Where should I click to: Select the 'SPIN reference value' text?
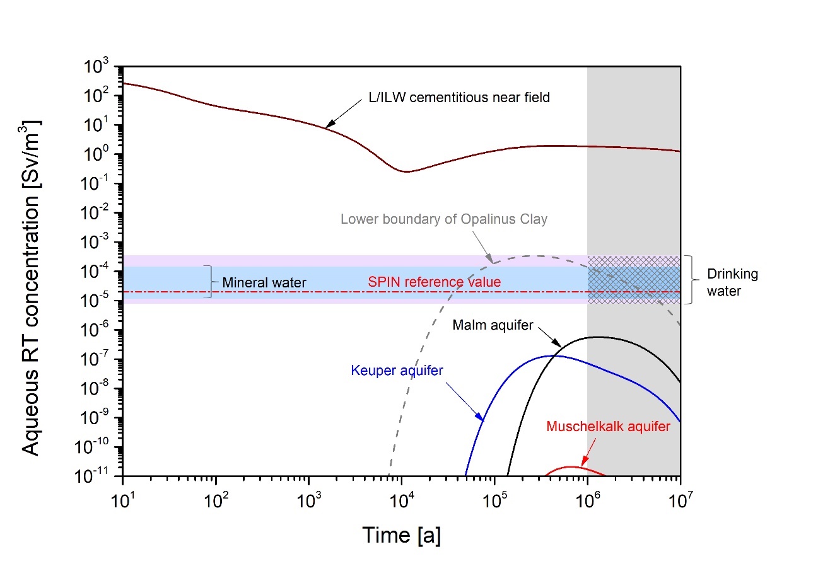click(434, 282)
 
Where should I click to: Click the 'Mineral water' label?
click(264, 283)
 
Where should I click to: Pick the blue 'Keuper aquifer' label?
click(397, 370)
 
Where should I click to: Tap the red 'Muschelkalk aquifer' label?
click(607, 426)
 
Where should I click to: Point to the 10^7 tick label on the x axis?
click(680, 492)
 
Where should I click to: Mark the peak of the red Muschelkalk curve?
click(571, 467)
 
